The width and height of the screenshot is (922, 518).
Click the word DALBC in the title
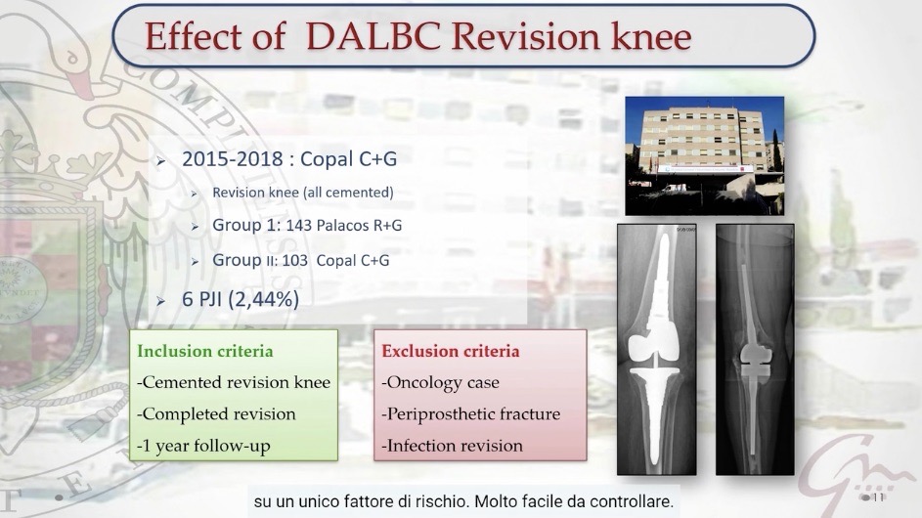[373, 36]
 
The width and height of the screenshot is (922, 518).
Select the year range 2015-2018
[233, 158]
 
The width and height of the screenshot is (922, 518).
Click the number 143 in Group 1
[299, 225]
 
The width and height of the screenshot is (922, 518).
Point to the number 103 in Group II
[294, 261]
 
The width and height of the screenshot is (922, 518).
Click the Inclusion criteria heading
[205, 351]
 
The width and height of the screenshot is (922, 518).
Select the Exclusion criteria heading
[451, 351]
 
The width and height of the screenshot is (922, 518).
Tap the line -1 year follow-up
[203, 447]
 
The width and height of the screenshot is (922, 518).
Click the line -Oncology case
[440, 383]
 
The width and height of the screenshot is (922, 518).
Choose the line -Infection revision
[452, 446]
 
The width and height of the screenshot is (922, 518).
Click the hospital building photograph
[704, 155]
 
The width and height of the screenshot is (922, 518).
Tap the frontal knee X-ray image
[657, 349]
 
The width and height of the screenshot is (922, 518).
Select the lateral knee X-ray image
[755, 349]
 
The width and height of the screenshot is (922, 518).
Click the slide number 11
[878, 497]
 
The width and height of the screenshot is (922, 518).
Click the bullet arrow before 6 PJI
[161, 301]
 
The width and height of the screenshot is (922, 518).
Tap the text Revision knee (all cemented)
[303, 193]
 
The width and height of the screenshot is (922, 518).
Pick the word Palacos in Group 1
[342, 225]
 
